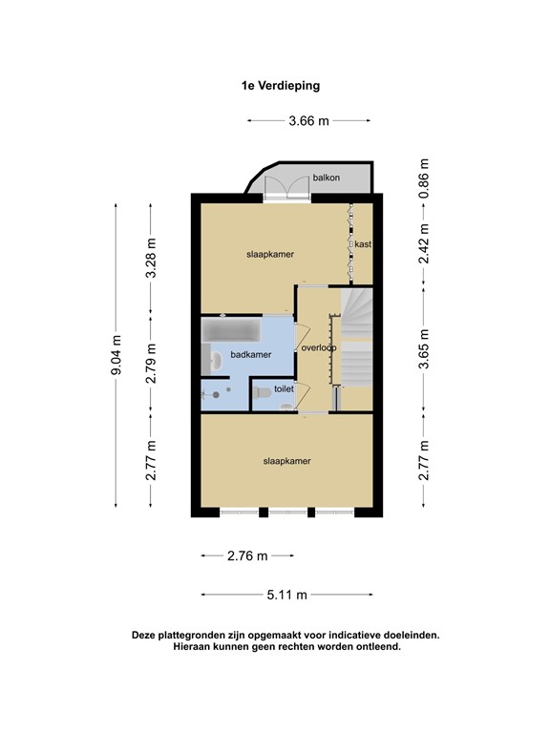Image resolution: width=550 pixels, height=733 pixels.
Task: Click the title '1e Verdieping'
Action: pos(280,85)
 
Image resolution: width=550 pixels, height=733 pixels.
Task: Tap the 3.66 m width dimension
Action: pos(308,121)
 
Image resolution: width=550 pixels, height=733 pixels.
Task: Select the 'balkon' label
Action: pos(327,178)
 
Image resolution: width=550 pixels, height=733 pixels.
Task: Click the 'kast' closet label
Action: pos(363,244)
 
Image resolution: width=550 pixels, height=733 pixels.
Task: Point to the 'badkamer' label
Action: pos(251,355)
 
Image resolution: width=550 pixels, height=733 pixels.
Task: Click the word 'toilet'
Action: pos(284,389)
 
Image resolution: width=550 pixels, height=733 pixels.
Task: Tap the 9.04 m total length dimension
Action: pos(116,354)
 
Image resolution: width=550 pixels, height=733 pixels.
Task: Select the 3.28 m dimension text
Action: pos(150,258)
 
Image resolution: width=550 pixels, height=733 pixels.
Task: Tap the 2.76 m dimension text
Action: pos(248,555)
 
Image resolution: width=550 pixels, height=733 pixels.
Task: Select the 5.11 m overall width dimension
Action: pos(287,594)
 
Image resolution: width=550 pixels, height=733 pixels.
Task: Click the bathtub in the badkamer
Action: pos(232,333)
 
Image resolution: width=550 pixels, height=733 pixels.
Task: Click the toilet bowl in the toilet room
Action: pos(286,407)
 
